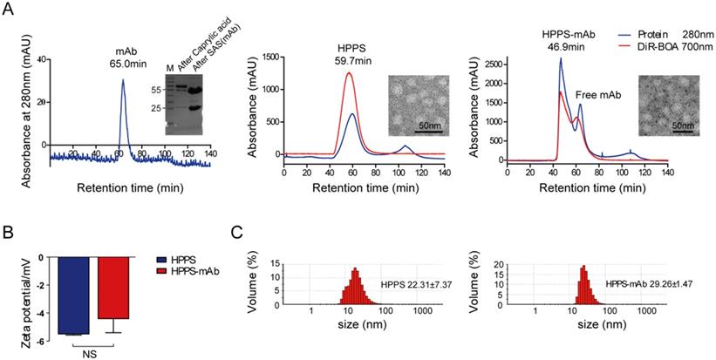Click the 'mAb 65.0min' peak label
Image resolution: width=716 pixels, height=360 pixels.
[123, 57]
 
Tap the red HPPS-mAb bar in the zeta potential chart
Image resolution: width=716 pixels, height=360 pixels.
[112, 288]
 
